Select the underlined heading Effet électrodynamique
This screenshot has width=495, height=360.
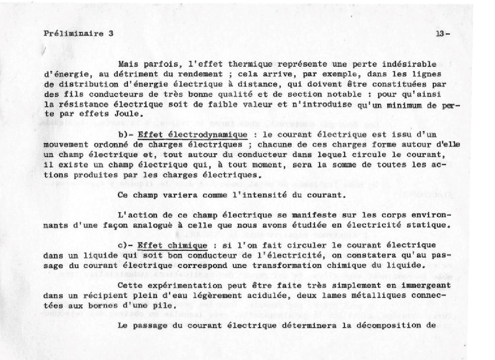pyautogui.click(x=192, y=135)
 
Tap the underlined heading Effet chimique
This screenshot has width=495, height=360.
pyautogui.click(x=172, y=245)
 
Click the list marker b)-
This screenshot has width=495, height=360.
pyautogui.click(x=125, y=135)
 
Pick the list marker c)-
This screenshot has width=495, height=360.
pyautogui.click(x=125, y=245)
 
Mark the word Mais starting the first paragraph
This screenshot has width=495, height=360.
pyautogui.click(x=128, y=64)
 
